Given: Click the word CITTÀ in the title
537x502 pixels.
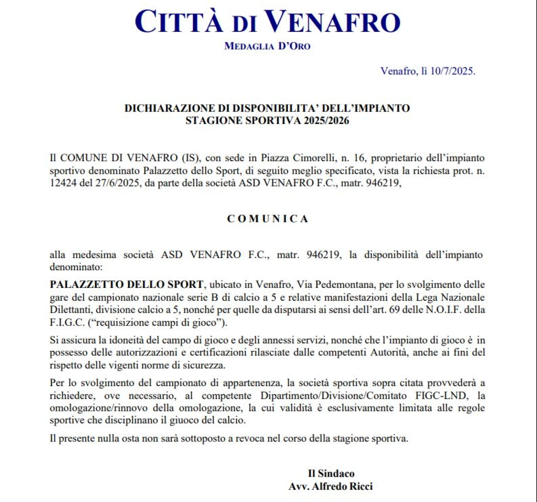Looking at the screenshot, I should coord(179,22).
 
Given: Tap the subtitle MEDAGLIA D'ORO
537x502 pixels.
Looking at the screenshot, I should coord(267,46).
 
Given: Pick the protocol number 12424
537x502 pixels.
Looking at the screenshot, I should coord(63,183).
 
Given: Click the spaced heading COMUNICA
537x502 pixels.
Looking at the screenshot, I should coord(268,219).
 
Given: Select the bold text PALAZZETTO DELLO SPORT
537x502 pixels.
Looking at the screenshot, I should coord(126,285).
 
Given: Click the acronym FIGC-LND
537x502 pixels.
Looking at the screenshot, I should coord(439,395).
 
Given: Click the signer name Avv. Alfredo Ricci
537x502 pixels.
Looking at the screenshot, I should coord(331,486).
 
